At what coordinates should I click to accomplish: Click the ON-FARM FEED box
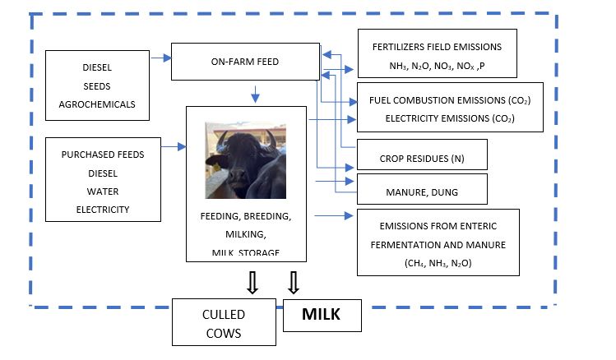[x=246, y=62]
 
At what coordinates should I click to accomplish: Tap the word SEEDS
[x=97, y=86]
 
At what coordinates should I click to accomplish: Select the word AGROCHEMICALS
[x=97, y=104]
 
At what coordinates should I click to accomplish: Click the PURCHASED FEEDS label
[x=103, y=155]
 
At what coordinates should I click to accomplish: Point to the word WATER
[x=103, y=192]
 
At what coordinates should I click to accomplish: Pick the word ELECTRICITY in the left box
[x=103, y=210]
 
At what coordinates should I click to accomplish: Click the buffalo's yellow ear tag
[x=216, y=167]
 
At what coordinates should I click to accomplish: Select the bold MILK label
[x=321, y=315]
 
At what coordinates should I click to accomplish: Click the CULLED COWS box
[x=224, y=322]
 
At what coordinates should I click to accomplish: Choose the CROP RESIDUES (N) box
[x=422, y=155]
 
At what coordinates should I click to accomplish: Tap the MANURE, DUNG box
[x=422, y=189]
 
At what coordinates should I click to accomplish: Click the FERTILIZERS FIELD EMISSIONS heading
[x=438, y=47]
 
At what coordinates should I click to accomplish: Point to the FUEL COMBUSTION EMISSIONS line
[x=450, y=100]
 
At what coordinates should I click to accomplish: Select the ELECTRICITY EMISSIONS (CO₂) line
[x=450, y=118]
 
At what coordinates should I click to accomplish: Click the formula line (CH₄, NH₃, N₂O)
[x=438, y=263]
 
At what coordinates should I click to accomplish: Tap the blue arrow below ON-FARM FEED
[x=255, y=95]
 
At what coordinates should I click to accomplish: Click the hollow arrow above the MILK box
[x=294, y=283]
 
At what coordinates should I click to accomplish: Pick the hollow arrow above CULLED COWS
[x=252, y=283]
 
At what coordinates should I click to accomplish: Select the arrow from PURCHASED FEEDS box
[x=174, y=147]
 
